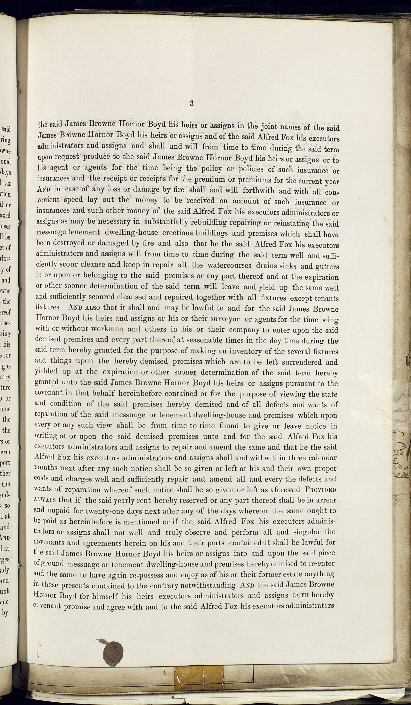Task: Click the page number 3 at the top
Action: [191, 103]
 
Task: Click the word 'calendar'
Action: [320, 458]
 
